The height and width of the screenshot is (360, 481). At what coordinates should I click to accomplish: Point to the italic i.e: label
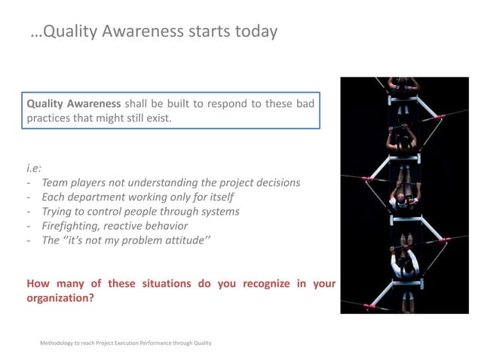35,168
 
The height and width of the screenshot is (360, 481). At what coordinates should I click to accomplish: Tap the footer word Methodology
57,343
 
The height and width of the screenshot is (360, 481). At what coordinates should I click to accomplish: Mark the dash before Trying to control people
29,211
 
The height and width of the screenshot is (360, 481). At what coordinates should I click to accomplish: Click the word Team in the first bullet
55,182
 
